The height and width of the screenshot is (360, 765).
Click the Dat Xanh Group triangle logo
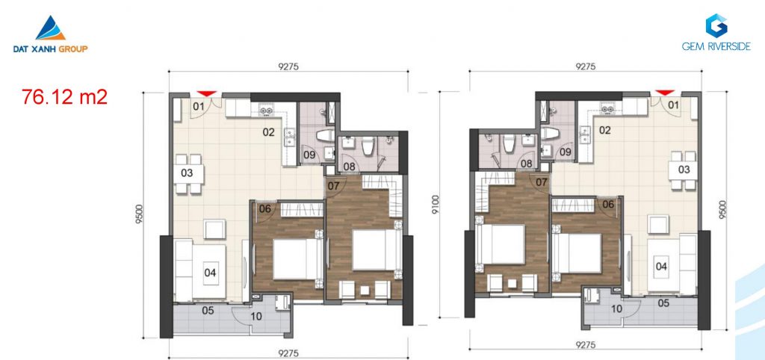point(50,28)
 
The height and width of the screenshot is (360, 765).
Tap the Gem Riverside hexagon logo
point(716,26)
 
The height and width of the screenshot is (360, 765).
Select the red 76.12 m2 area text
point(64,97)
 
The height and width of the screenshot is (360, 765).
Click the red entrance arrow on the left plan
point(207,93)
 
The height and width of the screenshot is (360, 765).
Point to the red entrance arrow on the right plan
point(664,92)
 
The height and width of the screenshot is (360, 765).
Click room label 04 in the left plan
point(210,273)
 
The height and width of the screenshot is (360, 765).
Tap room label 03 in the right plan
point(684,170)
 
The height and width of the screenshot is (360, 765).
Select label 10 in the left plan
point(256,317)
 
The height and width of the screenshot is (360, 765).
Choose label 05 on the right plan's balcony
point(663,303)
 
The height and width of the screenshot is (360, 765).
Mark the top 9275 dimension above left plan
point(288,66)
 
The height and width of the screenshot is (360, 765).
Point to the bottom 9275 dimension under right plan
point(586,344)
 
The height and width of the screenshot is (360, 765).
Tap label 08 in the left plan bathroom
point(349,167)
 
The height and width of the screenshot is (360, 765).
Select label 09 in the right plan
point(566,152)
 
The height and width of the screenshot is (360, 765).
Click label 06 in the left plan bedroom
point(265,209)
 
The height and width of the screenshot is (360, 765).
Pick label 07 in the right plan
point(542,182)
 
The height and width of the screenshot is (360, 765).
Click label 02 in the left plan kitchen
point(269,132)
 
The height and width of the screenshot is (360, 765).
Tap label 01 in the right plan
point(673,105)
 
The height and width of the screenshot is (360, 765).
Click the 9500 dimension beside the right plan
point(722,210)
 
